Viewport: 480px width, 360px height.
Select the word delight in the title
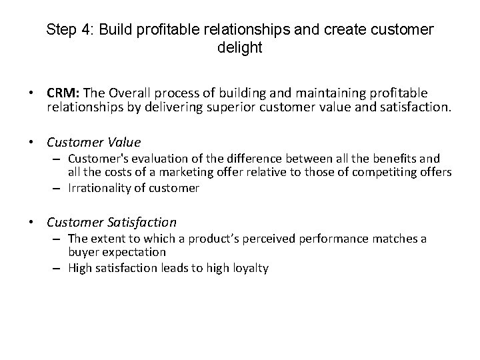click(x=239, y=48)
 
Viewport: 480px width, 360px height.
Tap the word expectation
click(x=133, y=252)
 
